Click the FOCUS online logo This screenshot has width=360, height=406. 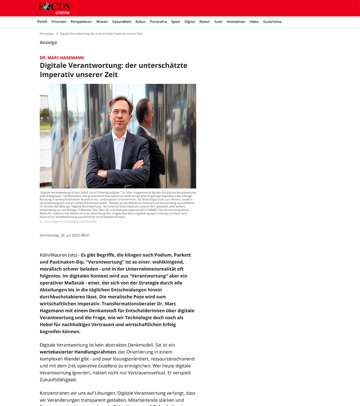tap(54, 8)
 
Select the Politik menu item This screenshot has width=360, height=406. tap(42, 22)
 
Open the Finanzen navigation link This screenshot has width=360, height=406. tap(59, 22)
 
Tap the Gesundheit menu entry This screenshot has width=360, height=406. tap(122, 22)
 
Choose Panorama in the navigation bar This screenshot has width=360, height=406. tap(158, 22)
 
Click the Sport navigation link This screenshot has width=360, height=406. tap(175, 22)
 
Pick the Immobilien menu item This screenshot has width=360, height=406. tap(236, 22)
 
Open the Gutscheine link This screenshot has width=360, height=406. tap(272, 22)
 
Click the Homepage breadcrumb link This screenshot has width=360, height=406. tap(47, 34)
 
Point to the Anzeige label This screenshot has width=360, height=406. tap(48, 43)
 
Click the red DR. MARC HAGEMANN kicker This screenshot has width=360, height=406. tap(62, 58)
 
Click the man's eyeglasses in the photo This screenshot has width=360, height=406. tap(120, 112)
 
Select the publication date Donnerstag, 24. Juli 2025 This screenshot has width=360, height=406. tap(65, 235)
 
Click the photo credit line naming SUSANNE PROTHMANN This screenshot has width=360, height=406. tap(68, 222)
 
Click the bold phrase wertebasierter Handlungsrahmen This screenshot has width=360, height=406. tap(78, 352)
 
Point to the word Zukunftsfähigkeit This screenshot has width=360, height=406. tap(58, 380)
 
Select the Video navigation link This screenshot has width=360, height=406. tap(254, 22)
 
